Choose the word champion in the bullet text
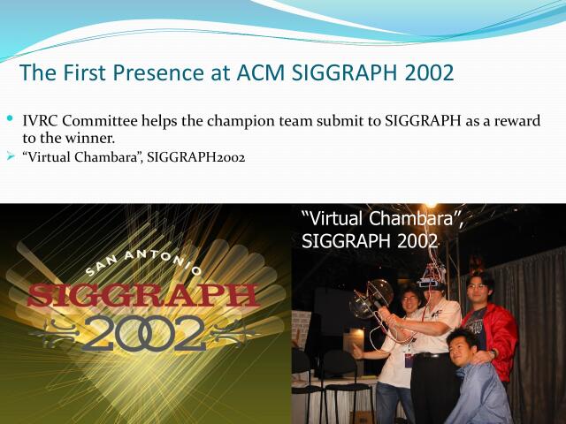pos(211,122)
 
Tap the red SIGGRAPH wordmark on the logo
pos(142,295)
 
